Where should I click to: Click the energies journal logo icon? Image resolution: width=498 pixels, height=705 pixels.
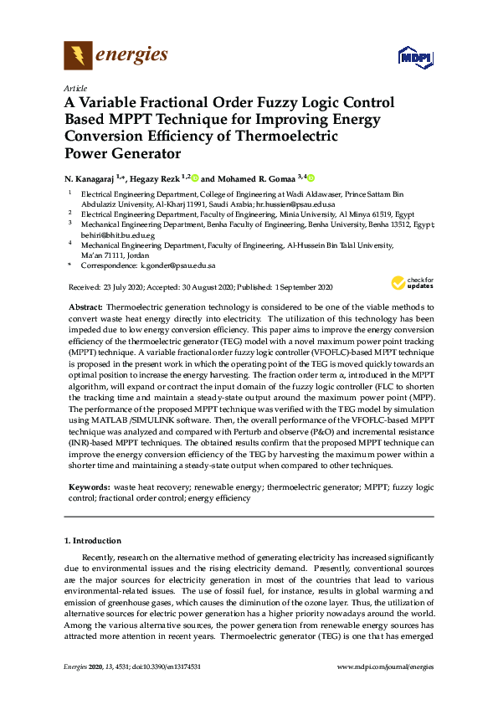point(78,56)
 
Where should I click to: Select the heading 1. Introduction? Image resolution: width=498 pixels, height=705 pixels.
point(93,541)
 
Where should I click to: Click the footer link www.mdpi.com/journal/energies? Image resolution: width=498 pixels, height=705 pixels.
point(384,666)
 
